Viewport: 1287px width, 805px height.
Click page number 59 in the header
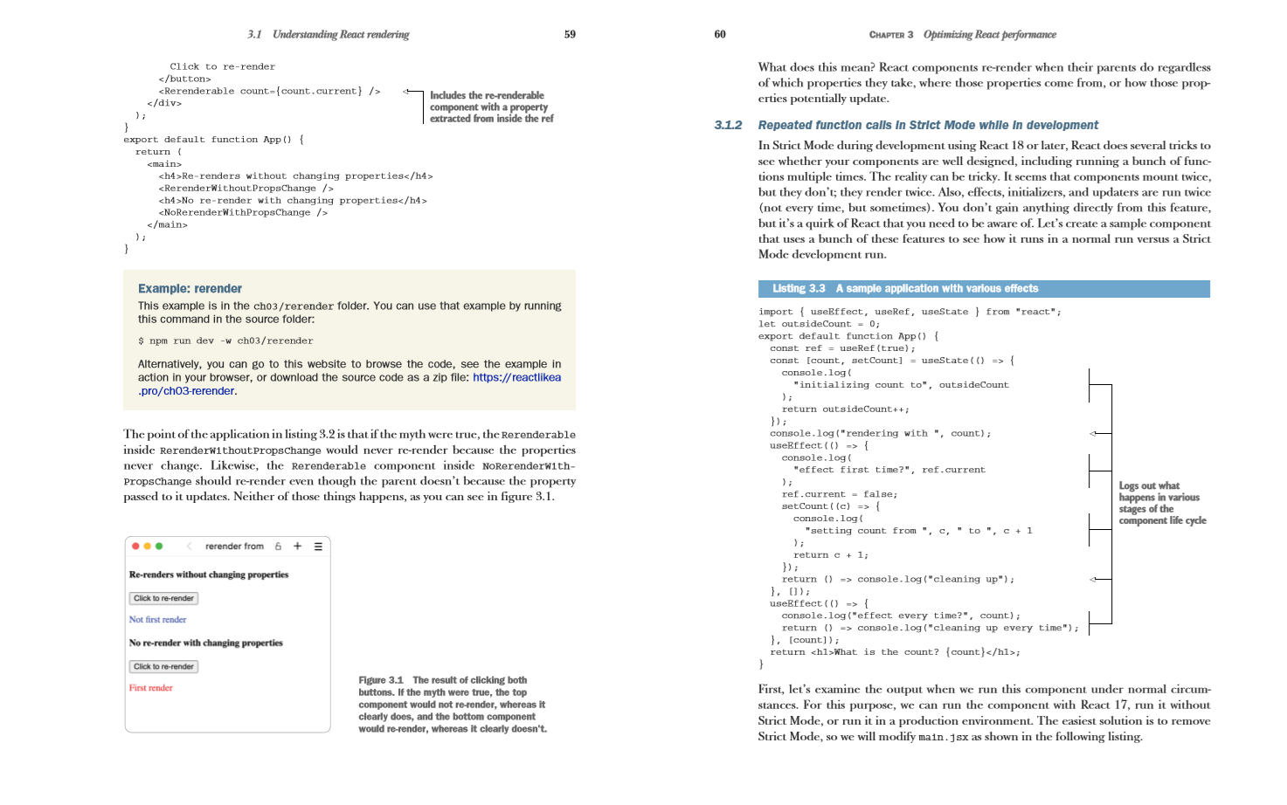[x=570, y=35]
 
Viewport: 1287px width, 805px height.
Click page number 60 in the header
[x=720, y=35]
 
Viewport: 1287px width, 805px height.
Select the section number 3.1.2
[x=728, y=126]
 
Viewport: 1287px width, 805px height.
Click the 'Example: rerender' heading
[x=190, y=289]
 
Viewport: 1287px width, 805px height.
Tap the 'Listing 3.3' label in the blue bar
[x=799, y=289]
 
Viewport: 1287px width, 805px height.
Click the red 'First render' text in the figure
[x=151, y=688]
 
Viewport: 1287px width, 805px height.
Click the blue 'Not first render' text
[x=158, y=620]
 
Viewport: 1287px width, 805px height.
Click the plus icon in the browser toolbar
[x=297, y=547]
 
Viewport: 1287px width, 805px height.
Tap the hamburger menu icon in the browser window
[x=318, y=547]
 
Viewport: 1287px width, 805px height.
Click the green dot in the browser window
[x=159, y=547]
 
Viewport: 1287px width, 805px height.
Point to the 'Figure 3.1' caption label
[x=381, y=680]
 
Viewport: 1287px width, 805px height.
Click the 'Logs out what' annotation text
[x=1149, y=486]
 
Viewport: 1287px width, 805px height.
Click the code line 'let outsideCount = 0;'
[x=818, y=324]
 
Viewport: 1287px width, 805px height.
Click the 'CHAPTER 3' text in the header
[x=890, y=35]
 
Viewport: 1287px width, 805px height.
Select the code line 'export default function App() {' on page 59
[x=213, y=140]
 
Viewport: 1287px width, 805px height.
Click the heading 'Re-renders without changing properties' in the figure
[x=209, y=575]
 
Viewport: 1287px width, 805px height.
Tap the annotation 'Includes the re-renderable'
[x=487, y=96]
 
